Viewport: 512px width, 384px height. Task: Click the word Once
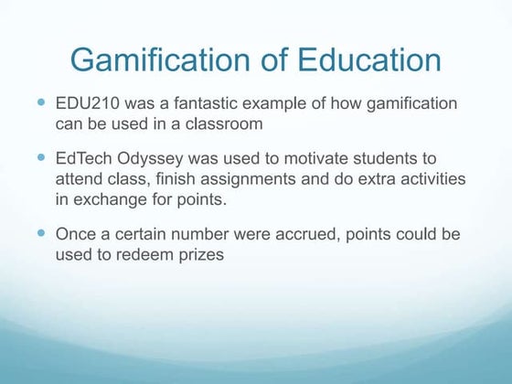(x=75, y=234)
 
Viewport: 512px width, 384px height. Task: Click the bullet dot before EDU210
(x=43, y=103)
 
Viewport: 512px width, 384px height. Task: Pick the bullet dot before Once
(x=43, y=234)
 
